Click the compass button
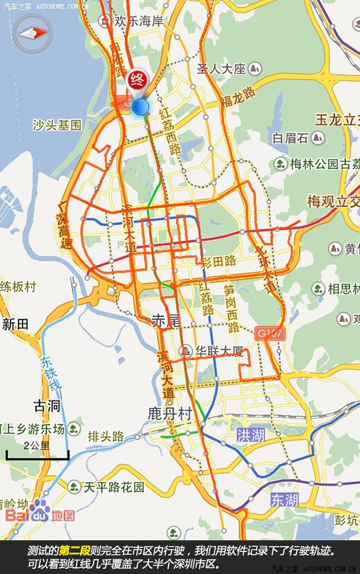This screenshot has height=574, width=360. (33, 34)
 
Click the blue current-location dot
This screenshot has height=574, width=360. (141, 107)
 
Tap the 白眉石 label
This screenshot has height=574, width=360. (291, 138)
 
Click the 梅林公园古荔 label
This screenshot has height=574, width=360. (323, 163)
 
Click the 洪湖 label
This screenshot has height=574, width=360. (251, 435)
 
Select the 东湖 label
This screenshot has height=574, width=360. (284, 499)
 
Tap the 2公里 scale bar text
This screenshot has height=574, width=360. (38, 446)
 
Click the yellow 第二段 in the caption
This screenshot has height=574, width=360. (75, 550)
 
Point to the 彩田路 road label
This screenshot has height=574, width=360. (218, 262)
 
